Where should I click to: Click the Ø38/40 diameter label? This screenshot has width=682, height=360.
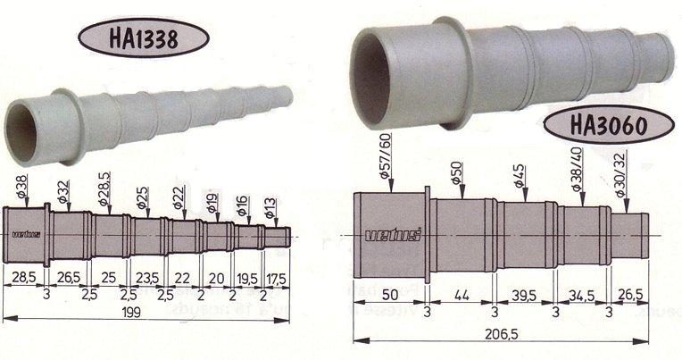pos(578,169)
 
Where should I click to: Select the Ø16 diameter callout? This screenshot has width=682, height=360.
pos(242,207)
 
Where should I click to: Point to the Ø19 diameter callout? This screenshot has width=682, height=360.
pos(212,203)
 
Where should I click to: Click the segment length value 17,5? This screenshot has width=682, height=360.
pos(279,277)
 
